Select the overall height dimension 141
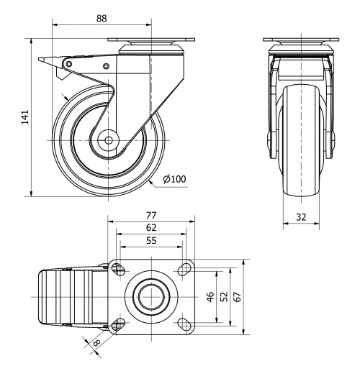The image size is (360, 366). [24, 116]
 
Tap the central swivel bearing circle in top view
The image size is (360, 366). [150, 296]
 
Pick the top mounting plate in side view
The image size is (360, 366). [150, 41]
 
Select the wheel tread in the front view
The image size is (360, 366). [298, 144]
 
